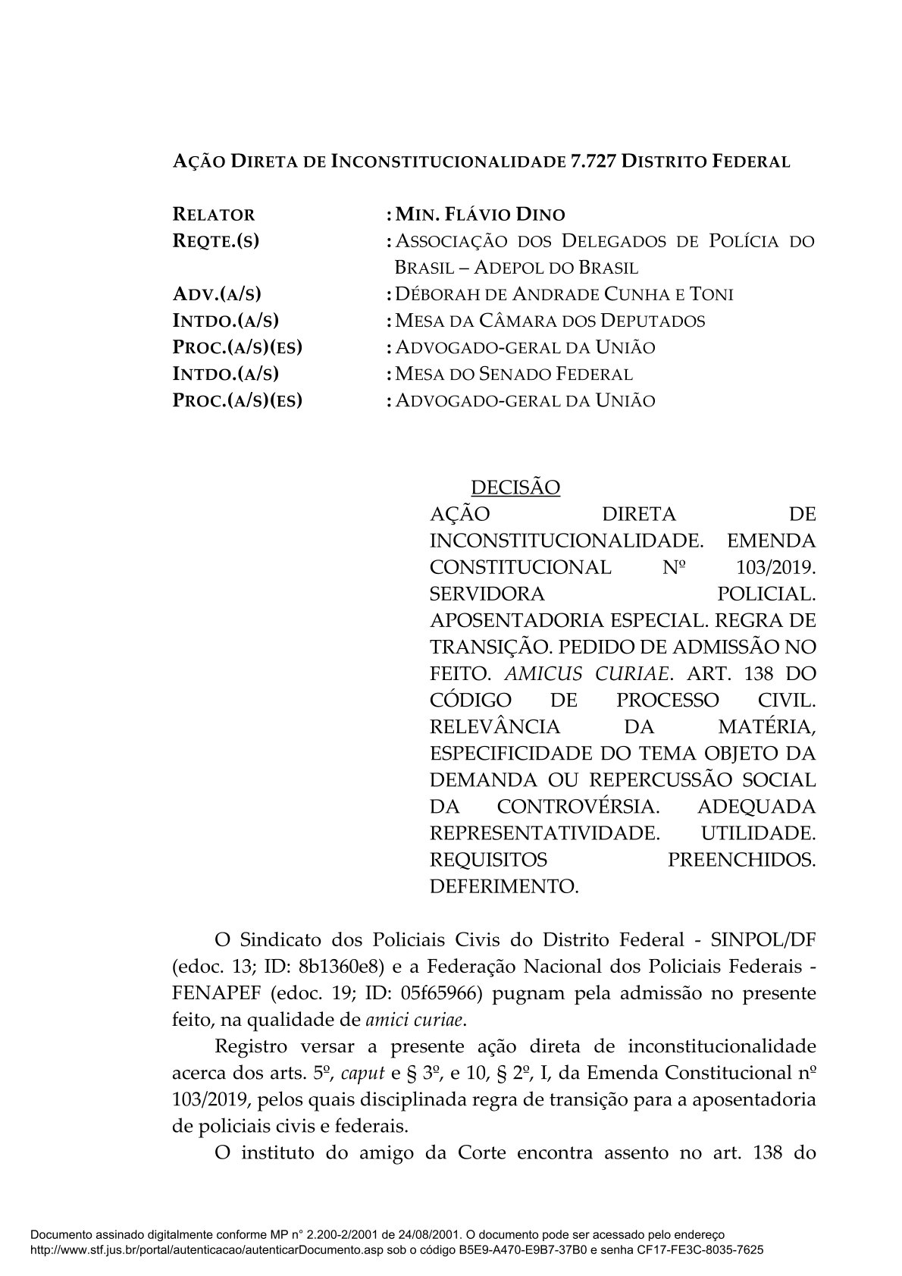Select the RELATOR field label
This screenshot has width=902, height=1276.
tap(215, 215)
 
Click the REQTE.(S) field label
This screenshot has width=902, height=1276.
tap(216, 241)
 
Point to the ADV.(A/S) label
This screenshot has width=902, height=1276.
tap(222, 294)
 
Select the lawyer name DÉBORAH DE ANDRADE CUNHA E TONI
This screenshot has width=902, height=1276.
tap(564, 294)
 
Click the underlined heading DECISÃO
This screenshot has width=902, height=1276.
tap(515, 487)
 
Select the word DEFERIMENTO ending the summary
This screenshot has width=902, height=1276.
tap(504, 886)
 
